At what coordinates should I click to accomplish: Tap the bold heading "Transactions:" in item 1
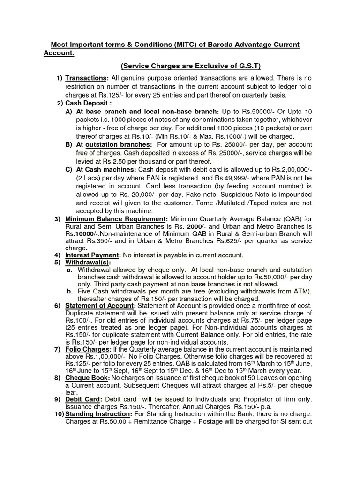pos(87,78)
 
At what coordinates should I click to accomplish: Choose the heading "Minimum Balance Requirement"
pos(115,219)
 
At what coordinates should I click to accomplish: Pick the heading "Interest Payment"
pos(92,255)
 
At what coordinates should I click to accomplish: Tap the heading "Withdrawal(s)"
pos(88,262)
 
